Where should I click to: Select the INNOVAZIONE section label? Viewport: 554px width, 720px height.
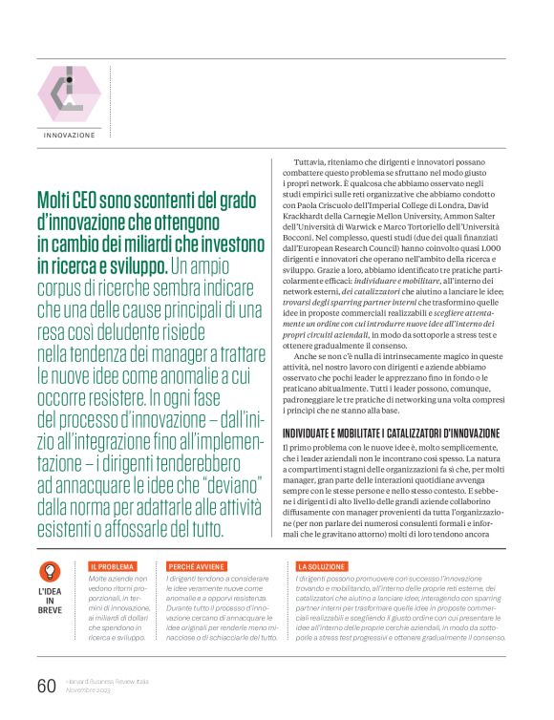(x=69, y=135)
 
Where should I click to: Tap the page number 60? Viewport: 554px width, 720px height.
(x=47, y=685)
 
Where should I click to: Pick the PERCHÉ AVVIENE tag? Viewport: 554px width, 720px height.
(x=197, y=566)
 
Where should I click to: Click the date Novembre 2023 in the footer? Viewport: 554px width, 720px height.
(x=93, y=690)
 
